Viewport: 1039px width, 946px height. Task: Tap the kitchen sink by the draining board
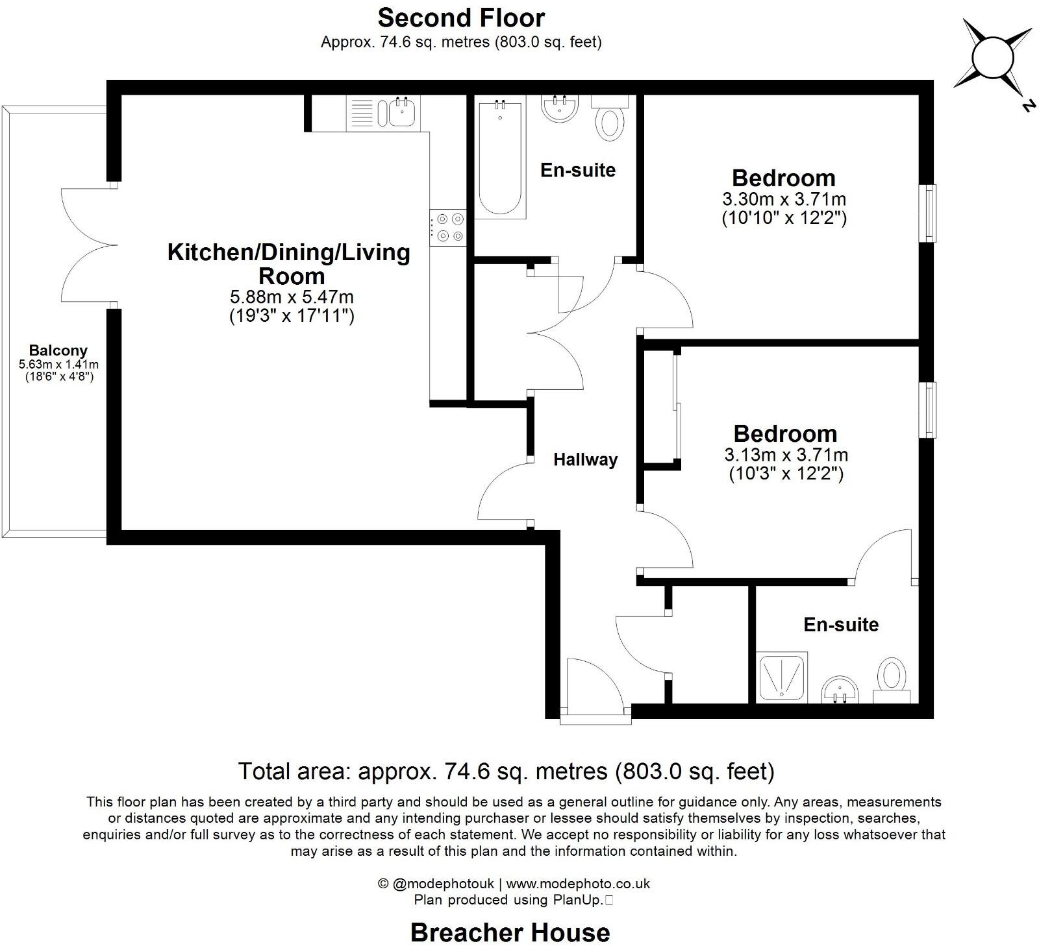[x=399, y=113]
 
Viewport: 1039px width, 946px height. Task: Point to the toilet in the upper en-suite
[x=610, y=118]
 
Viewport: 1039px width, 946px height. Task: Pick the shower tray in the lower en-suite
[x=783, y=677]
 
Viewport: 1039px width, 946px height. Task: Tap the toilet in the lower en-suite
[x=892, y=679]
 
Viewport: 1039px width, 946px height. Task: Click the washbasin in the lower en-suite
[x=840, y=690]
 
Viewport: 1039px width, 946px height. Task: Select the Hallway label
[x=585, y=460]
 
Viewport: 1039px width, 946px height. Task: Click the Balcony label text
[x=58, y=351]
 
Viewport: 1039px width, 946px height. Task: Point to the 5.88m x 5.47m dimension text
[x=292, y=297]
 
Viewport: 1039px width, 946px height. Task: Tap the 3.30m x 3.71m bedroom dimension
[x=784, y=199]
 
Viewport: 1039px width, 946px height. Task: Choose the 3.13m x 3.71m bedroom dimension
[x=786, y=455]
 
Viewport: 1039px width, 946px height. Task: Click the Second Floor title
[x=461, y=18]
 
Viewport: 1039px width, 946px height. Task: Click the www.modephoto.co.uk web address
[x=578, y=884]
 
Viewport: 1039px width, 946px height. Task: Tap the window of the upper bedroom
[x=931, y=213]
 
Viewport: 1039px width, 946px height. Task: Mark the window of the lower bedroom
[x=931, y=410]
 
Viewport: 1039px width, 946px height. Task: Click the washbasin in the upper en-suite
[x=559, y=109]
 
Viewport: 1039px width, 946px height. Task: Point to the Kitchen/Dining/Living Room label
[x=289, y=263]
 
